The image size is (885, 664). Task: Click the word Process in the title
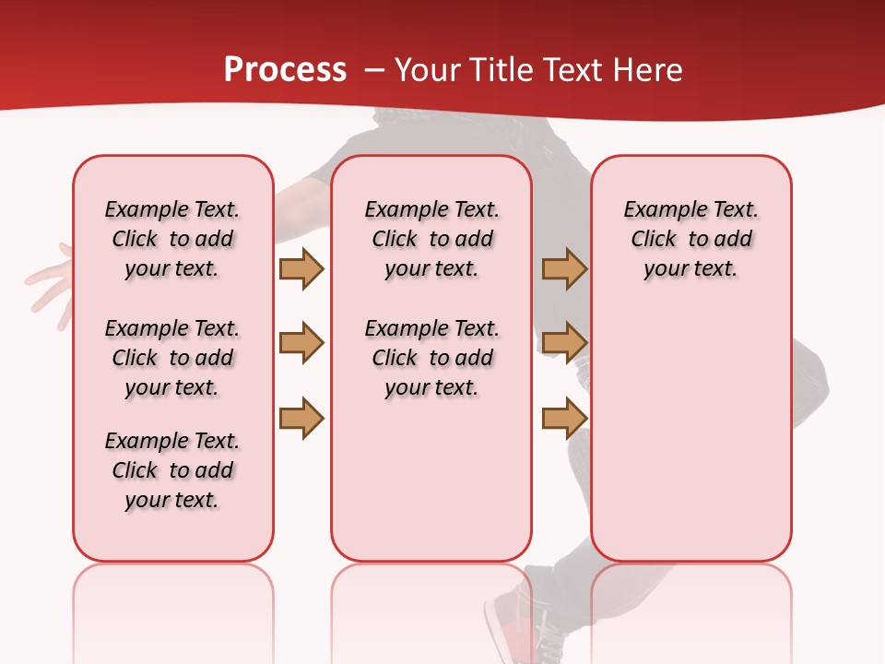point(285,69)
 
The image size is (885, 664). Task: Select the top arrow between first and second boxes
point(301,268)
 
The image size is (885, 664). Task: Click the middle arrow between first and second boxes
point(301,343)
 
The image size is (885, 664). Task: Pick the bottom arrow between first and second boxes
point(301,418)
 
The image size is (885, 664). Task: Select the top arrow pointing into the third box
point(564,268)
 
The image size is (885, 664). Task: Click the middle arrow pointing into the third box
point(564,343)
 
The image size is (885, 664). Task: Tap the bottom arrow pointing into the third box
point(564,418)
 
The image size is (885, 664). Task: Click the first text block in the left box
point(172,239)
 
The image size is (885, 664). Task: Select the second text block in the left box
point(172,358)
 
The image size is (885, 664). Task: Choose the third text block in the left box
point(172,470)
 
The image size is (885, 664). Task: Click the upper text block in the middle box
point(431,239)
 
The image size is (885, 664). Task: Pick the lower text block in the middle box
point(431,358)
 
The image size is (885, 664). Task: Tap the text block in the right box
point(690,239)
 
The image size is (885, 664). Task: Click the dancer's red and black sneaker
point(516,627)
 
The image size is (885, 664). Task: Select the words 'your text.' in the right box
point(690,268)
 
